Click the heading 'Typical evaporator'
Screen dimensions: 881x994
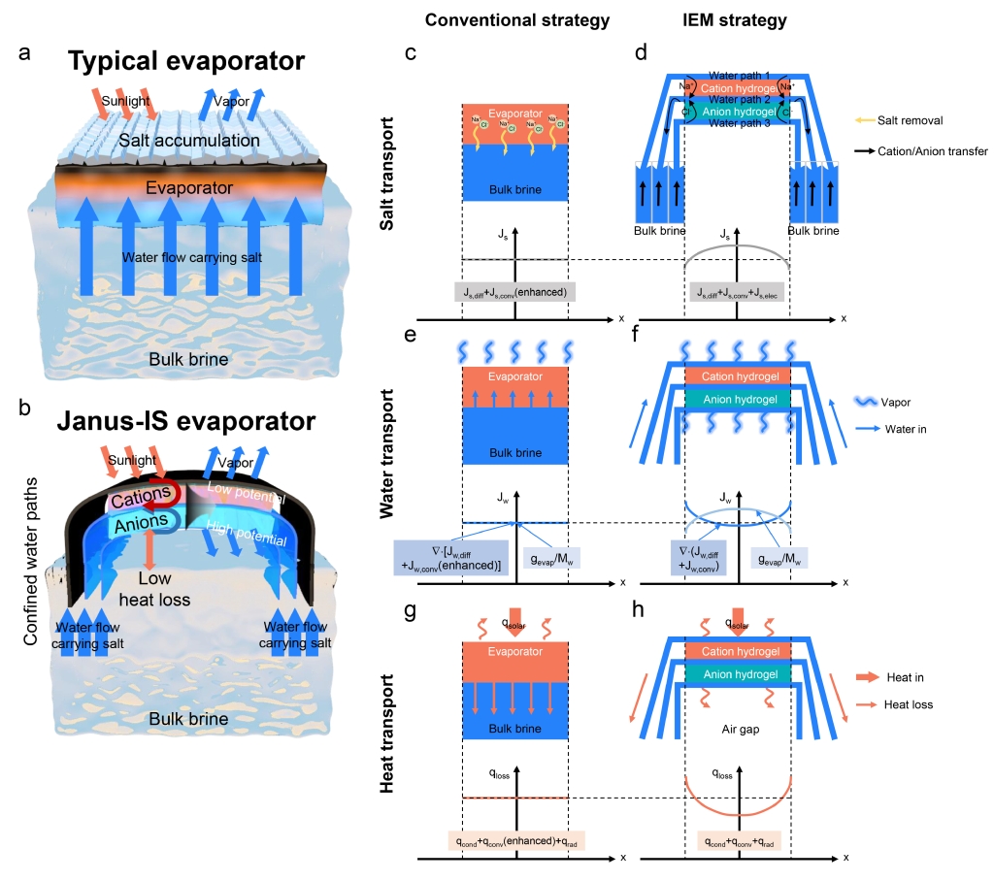[x=188, y=62]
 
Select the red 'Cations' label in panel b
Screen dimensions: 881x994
[x=140, y=500]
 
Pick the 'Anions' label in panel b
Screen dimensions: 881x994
[x=142, y=526]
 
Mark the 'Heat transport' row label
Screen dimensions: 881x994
[x=387, y=752]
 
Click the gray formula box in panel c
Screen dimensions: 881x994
[x=514, y=291]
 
